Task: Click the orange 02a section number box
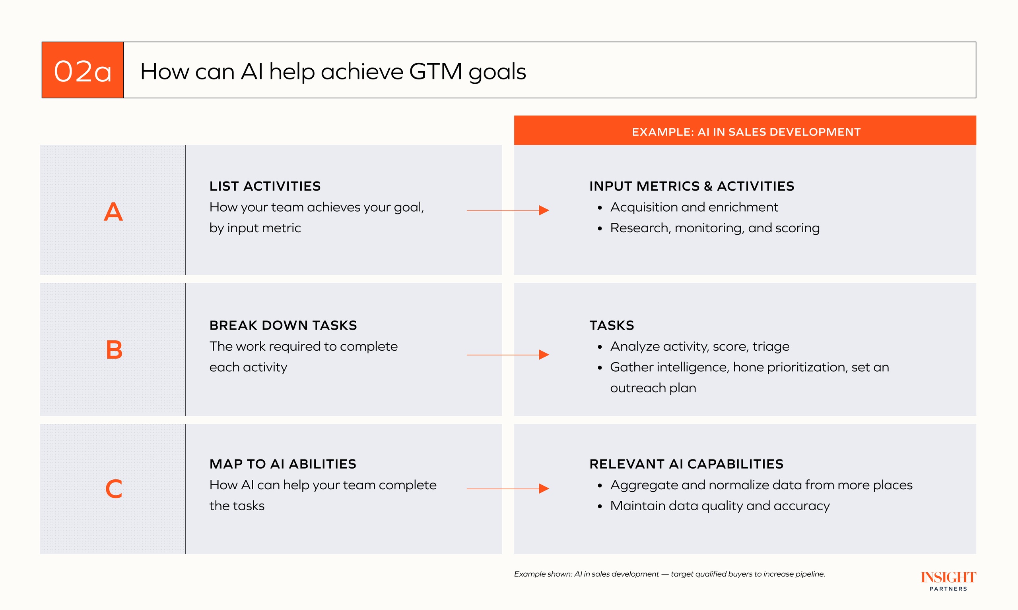[x=83, y=70]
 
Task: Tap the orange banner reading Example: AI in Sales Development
[x=745, y=130]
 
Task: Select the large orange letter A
[x=113, y=212]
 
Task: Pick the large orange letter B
[x=114, y=350]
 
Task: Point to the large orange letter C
[x=114, y=489]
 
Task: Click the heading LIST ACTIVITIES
[x=265, y=186]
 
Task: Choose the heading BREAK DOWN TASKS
[x=283, y=325]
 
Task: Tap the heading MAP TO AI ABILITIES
[x=283, y=464]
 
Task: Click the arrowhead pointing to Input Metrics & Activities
[x=544, y=210]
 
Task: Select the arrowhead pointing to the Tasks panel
[x=544, y=355]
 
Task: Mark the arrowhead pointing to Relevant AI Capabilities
[x=544, y=489]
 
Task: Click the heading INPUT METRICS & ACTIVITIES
[x=692, y=186]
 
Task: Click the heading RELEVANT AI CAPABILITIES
[x=686, y=464]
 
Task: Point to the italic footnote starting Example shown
[x=670, y=574]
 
